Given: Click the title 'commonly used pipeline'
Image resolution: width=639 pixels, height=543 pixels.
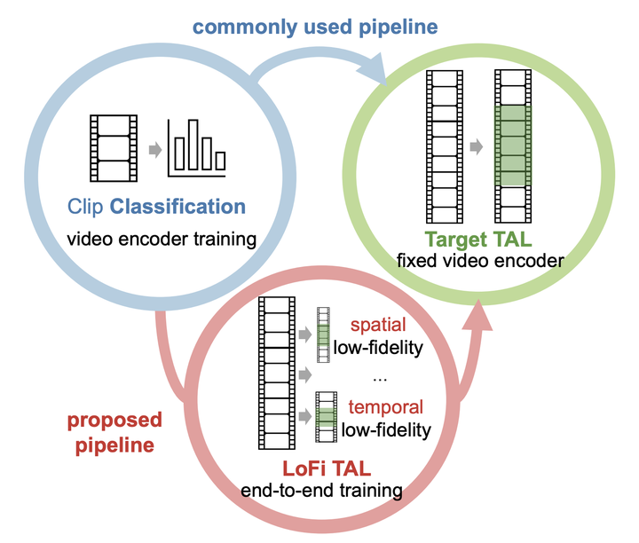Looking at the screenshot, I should [x=315, y=27].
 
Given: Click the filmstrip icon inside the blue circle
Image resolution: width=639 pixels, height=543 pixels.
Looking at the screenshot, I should [x=113, y=148].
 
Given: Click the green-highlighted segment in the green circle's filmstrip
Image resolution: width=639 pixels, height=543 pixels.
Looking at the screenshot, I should [x=510, y=146].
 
